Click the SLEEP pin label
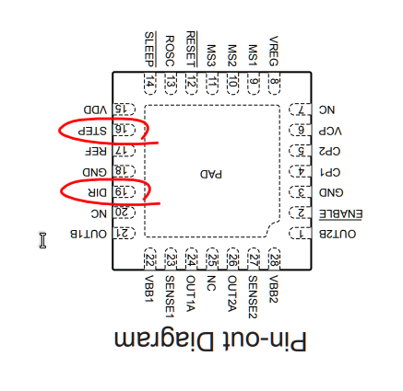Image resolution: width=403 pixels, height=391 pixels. pyautogui.click(x=150, y=45)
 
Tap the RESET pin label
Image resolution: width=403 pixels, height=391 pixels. pyautogui.click(x=191, y=45)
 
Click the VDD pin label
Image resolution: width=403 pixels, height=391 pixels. pyautogui.click(x=95, y=109)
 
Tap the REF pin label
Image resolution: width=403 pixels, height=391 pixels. pyautogui.click(x=96, y=151)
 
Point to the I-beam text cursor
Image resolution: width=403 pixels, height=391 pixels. pyautogui.click(x=41, y=239)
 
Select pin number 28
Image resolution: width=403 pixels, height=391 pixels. pyautogui.click(x=274, y=259)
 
